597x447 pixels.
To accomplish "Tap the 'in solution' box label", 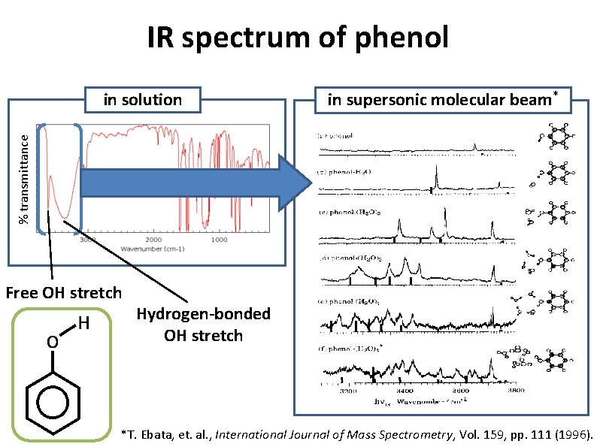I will [142, 99].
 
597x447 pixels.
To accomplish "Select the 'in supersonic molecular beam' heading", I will [442, 99].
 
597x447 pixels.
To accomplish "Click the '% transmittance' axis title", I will [25, 178].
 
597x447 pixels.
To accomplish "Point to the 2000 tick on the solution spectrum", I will [153, 240].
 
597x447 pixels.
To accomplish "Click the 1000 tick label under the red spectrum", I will [219, 240].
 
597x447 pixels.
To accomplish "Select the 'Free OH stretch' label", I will [63, 291].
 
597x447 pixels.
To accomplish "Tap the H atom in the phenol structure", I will [84, 324].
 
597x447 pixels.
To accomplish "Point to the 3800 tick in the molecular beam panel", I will [516, 391].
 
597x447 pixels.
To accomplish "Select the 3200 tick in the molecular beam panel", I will [347, 391].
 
